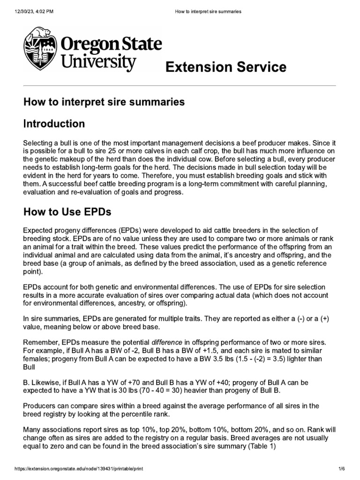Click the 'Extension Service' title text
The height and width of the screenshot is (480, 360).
[225, 67]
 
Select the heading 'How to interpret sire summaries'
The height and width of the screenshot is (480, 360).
[104, 102]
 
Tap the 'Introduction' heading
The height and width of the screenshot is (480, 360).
[54, 124]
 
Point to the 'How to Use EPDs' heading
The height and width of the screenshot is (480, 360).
[67, 212]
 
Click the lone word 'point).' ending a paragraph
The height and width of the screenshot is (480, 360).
[34, 272]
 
